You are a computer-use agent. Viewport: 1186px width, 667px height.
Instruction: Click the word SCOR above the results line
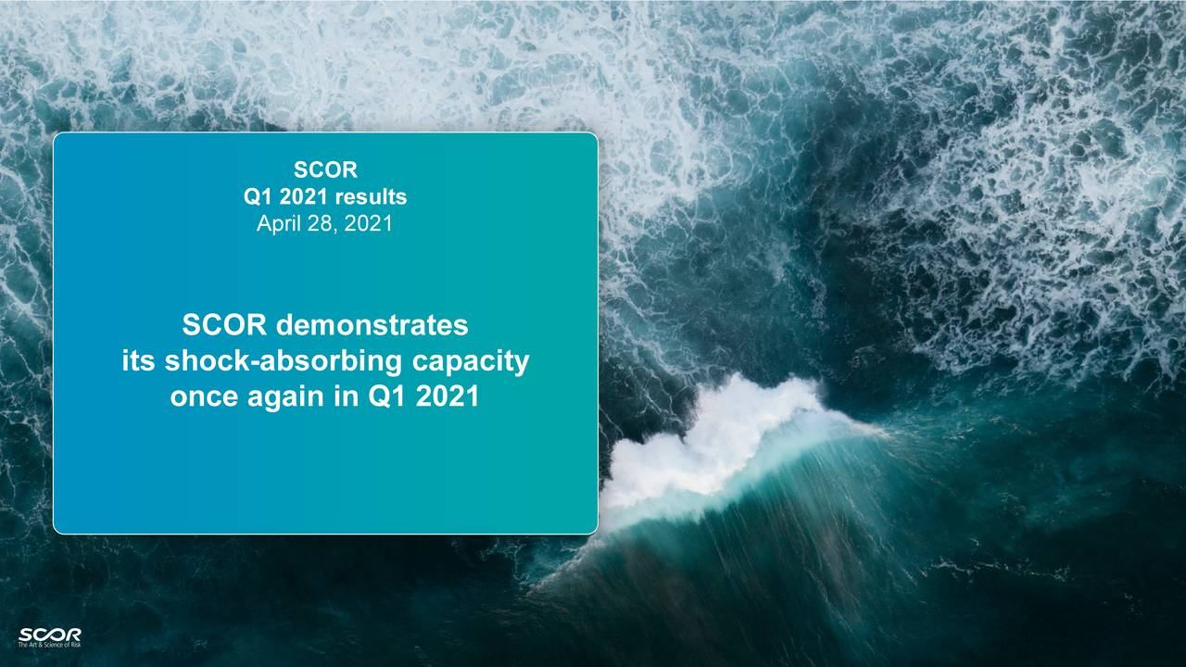point(325,170)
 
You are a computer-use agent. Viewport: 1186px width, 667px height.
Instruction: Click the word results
point(371,196)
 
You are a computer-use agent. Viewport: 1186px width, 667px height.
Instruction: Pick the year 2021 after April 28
point(368,223)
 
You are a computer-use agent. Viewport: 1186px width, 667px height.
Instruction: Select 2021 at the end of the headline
point(448,396)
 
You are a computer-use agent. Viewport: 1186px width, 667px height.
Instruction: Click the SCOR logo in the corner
point(49,633)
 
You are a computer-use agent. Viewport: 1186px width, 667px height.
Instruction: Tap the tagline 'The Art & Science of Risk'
point(49,644)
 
